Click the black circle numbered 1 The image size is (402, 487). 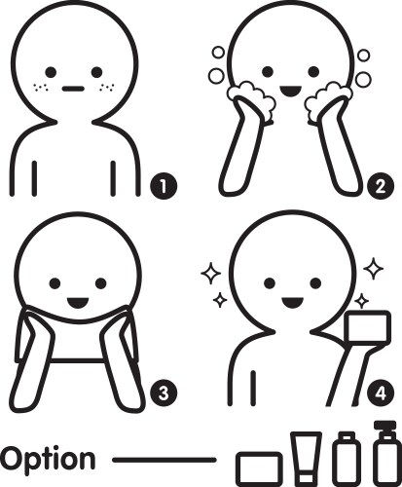click(x=164, y=186)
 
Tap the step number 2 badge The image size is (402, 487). click(x=381, y=186)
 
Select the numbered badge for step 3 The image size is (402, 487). click(x=164, y=393)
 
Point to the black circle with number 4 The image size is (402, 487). click(x=381, y=393)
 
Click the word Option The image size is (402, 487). click(x=48, y=460)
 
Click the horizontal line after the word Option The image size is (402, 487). click(x=164, y=460)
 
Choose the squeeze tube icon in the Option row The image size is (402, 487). click(x=307, y=459)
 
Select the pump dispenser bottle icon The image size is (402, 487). click(x=384, y=454)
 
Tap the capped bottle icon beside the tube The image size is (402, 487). click(x=347, y=459)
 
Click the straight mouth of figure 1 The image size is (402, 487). click(x=73, y=89)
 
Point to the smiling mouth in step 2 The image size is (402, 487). click(x=291, y=92)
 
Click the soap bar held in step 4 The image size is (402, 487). click(x=367, y=327)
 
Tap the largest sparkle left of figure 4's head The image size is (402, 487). click(x=210, y=274)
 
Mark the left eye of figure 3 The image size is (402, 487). click(x=55, y=283)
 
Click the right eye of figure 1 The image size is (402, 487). click(x=96, y=72)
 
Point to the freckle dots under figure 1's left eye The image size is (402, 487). click(x=41, y=88)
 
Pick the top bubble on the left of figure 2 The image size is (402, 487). click(x=218, y=53)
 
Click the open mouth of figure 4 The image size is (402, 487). click(x=292, y=303)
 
